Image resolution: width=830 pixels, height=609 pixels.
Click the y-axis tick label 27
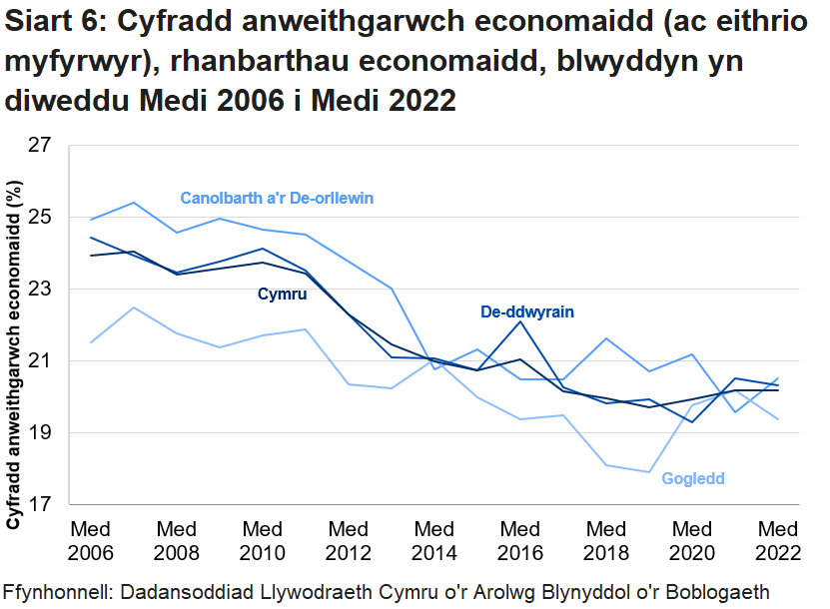[41, 146]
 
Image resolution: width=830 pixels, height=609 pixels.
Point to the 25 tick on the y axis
[41, 218]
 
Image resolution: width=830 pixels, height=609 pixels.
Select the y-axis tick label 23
[41, 290]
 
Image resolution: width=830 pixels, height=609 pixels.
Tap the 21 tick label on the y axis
[41, 361]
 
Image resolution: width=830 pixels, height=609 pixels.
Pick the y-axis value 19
[41, 433]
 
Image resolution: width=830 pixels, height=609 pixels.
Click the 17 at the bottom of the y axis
[41, 505]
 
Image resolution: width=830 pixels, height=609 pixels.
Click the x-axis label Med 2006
[91, 540]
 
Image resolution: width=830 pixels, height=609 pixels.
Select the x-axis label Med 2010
[263, 540]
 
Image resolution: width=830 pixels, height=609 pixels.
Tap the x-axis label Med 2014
[434, 540]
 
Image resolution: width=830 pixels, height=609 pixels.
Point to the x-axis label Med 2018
[606, 540]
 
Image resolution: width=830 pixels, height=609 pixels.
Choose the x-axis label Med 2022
[778, 540]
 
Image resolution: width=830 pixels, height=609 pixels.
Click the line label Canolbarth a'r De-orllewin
[277, 198]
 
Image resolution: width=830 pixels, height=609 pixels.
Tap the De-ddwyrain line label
[527, 312]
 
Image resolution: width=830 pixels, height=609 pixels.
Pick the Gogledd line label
[692, 479]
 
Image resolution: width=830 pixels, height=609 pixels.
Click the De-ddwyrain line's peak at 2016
[520, 321]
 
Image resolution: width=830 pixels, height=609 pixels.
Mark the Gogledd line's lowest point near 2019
[649, 472]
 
